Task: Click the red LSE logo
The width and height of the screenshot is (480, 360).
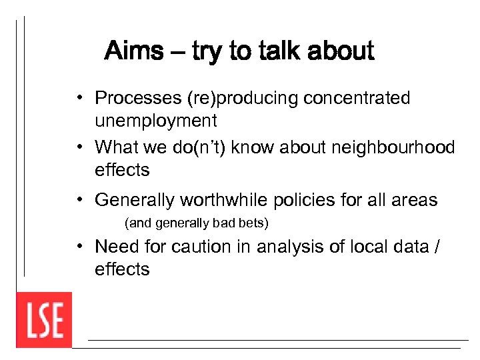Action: tap(44, 319)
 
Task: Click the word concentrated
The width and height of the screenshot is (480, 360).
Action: tap(357, 98)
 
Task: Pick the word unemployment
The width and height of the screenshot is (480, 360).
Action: tap(156, 121)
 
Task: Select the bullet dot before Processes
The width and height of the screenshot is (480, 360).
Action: tap(79, 99)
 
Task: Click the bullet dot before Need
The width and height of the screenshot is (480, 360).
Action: tap(79, 247)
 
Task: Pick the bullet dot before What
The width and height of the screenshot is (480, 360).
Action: tap(79, 147)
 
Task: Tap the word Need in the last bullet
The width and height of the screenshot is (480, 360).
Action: tap(116, 247)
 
